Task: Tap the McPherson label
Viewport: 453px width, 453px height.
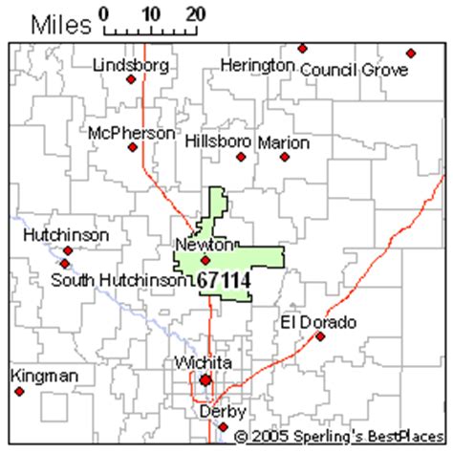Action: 131,133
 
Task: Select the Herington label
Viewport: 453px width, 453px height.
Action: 257,65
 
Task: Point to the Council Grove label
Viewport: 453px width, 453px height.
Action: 354,70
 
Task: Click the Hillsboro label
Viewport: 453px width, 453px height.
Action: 218,140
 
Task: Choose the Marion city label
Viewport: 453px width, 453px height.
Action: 283,142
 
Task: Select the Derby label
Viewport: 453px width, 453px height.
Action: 223,412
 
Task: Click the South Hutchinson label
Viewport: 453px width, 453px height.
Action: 118,280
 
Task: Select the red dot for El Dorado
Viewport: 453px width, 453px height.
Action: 321,336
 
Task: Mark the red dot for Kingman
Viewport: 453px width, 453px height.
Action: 18,391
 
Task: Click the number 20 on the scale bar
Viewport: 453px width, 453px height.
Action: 195,14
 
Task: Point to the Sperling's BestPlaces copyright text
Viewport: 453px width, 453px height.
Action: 338,436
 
